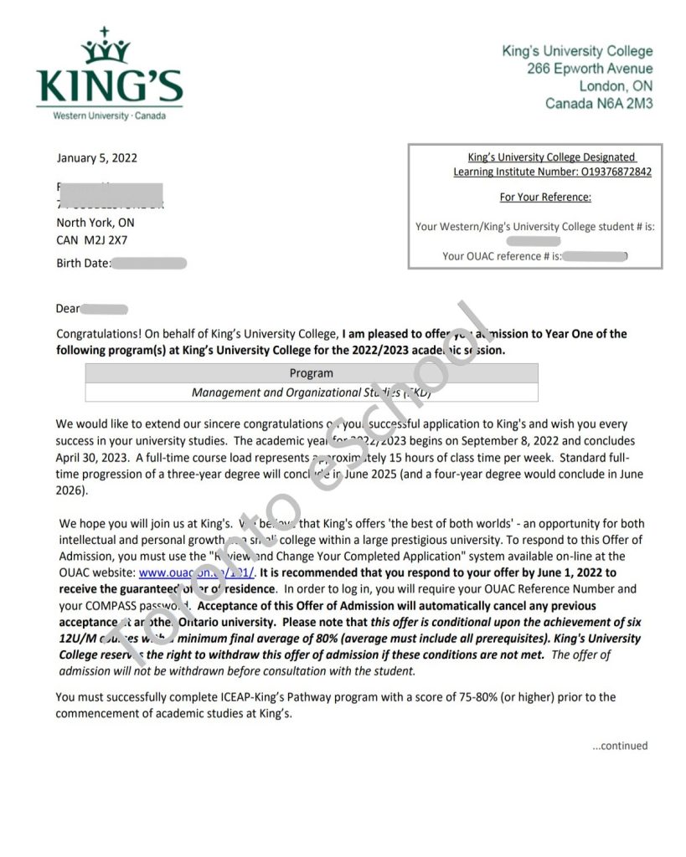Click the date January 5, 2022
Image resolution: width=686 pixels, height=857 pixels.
(96, 157)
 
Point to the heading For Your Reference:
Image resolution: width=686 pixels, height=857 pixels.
(545, 198)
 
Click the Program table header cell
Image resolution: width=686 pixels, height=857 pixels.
(311, 373)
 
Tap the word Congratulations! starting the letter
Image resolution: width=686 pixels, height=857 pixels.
(98, 334)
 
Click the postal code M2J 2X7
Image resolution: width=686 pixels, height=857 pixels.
(106, 240)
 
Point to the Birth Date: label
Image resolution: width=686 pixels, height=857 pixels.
(83, 264)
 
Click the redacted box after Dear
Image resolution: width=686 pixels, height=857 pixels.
(105, 310)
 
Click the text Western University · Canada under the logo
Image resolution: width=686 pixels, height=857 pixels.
(109, 115)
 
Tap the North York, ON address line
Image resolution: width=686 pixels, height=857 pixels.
(95, 223)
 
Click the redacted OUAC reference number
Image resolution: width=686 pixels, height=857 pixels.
(596, 256)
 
